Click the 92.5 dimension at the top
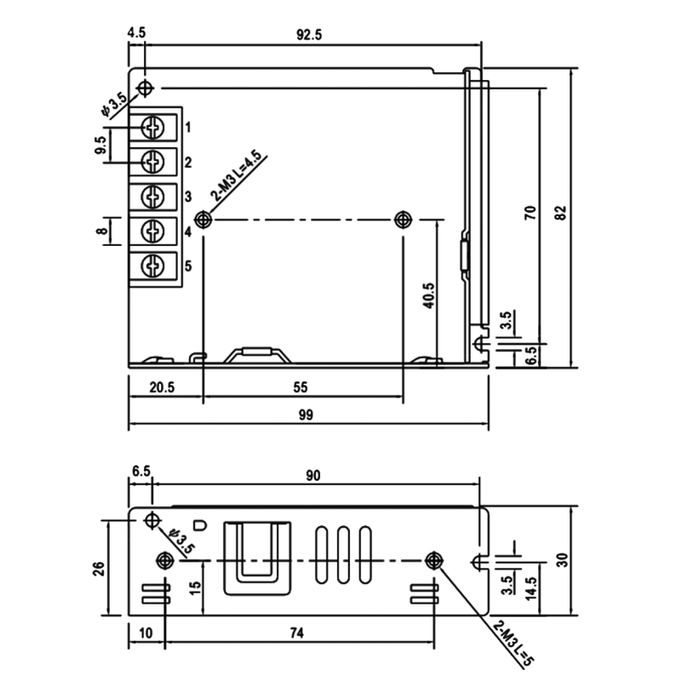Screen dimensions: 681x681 309,35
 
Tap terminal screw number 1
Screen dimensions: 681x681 153,127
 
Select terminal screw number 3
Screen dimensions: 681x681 153,197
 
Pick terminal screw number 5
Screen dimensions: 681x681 153,266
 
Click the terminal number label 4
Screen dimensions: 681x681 188,232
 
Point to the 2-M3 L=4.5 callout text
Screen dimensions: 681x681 236,175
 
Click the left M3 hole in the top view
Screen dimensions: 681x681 203,220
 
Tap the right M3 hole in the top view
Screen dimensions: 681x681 403,220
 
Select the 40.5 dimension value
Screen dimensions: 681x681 429,295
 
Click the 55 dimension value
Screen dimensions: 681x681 300,387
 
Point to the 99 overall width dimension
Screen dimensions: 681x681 306,415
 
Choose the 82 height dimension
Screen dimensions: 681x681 561,212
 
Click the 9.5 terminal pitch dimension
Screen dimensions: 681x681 100,145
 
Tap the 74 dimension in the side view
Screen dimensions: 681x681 297,632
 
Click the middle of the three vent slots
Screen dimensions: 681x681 343,554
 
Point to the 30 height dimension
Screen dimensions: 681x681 562,560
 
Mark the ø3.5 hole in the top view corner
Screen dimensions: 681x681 145,89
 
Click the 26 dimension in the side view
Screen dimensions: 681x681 100,569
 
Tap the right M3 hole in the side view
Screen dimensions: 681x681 433,561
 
